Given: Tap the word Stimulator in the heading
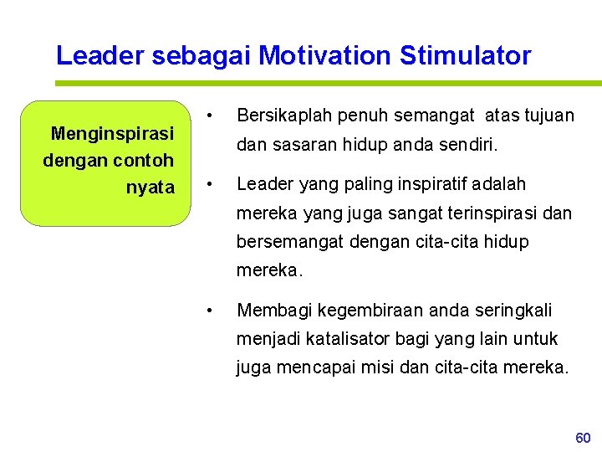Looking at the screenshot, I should pyautogui.click(x=465, y=56).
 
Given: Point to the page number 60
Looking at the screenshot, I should pyautogui.click(x=583, y=438).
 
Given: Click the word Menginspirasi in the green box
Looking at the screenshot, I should pyautogui.click(x=112, y=133).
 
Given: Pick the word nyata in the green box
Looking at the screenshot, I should pyautogui.click(x=150, y=187).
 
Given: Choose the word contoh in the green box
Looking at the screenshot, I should pyautogui.click(x=142, y=160).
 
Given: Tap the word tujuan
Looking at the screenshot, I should pyautogui.click(x=547, y=115).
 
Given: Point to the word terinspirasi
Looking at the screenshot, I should pyautogui.click(x=491, y=213).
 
